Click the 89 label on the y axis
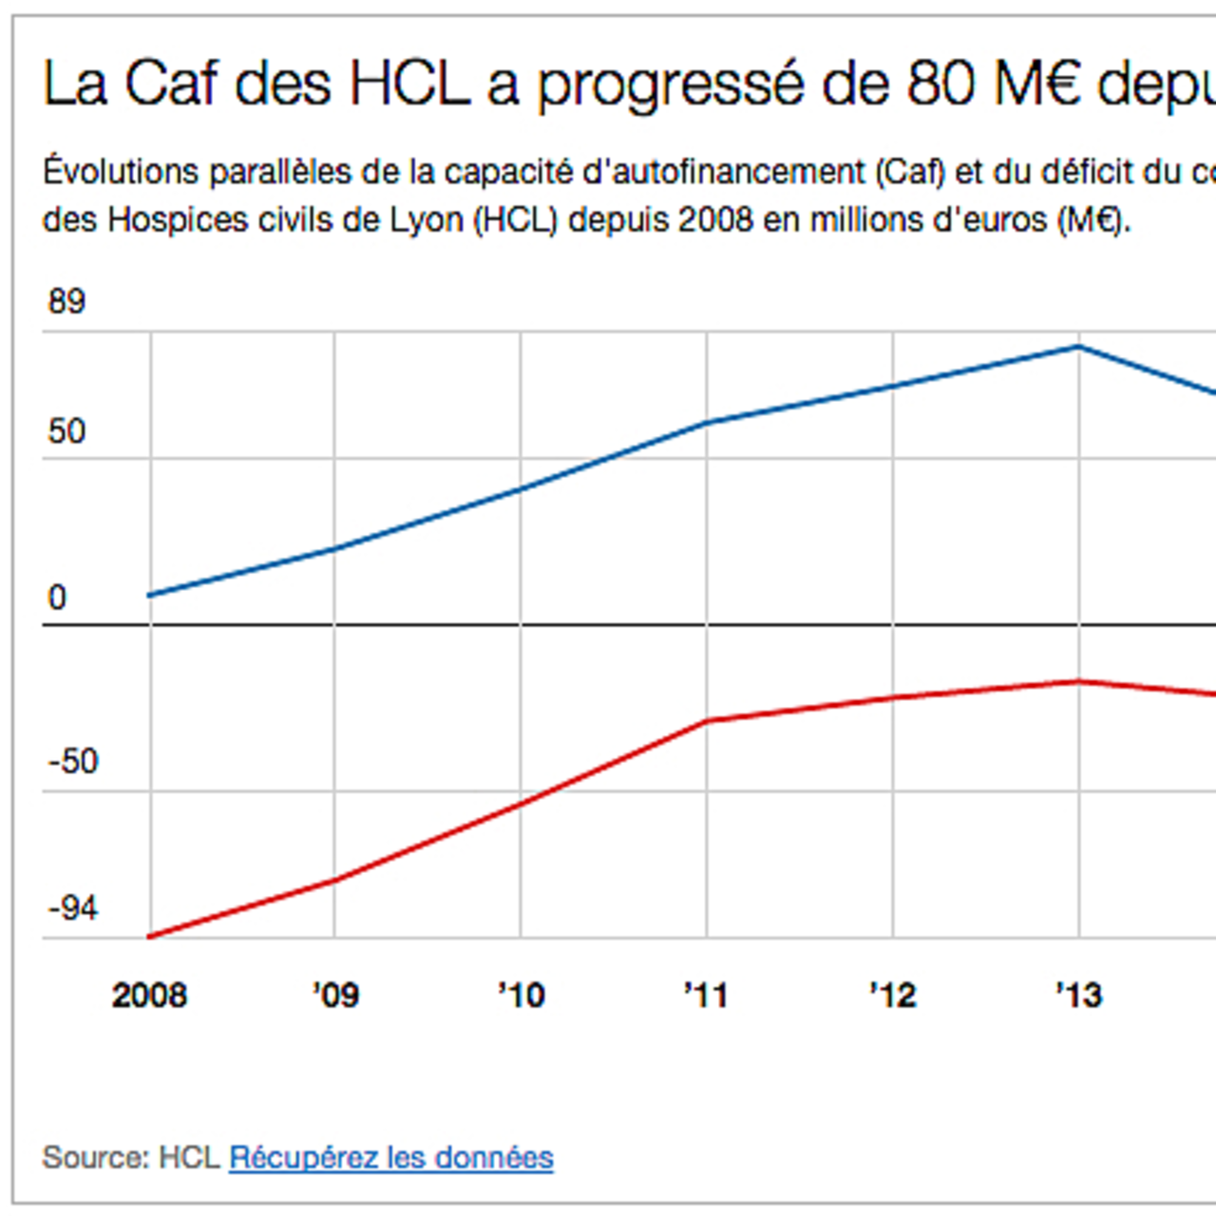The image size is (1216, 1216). click(x=66, y=302)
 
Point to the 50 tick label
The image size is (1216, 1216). click(x=66, y=432)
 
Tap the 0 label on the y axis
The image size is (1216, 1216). click(x=57, y=598)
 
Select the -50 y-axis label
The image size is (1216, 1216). click(x=72, y=762)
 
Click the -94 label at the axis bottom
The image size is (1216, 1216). click(x=72, y=909)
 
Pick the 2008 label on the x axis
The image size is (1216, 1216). click(x=149, y=996)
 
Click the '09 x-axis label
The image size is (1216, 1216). click(x=335, y=996)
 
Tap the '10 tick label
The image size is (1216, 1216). click(x=521, y=996)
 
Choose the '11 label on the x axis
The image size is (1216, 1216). click(x=706, y=996)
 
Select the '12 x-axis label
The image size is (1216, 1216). click(x=892, y=996)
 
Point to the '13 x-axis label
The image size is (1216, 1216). click(x=1078, y=996)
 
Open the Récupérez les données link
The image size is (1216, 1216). click(x=390, y=1158)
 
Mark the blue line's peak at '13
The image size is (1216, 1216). click(x=1078, y=347)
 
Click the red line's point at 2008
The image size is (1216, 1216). click(x=150, y=937)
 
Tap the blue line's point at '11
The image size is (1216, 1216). click(x=707, y=423)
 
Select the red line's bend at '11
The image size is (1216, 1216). click(x=707, y=721)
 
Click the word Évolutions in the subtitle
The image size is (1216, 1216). click(x=120, y=173)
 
